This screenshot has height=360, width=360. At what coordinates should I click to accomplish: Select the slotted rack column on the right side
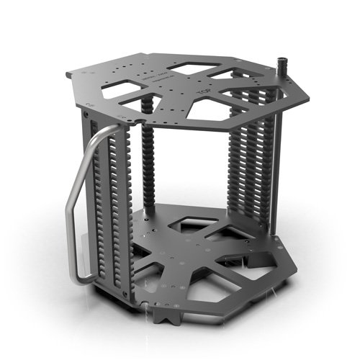point(248,173)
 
